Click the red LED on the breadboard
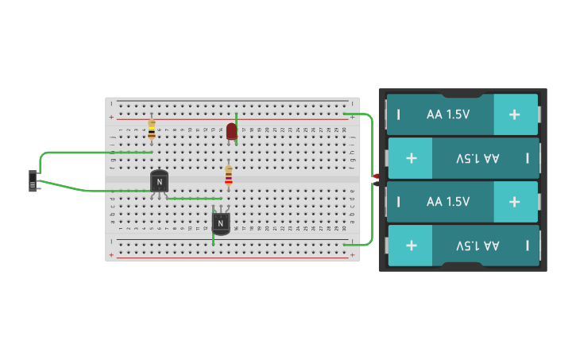click(x=231, y=131)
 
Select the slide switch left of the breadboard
click(x=33, y=181)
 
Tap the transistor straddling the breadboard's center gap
click(x=159, y=182)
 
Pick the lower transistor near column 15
click(x=221, y=223)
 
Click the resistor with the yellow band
click(x=152, y=129)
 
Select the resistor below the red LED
click(x=229, y=175)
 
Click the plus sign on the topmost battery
click(x=514, y=114)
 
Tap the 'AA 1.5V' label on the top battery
click(x=448, y=114)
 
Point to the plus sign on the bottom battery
click(x=412, y=245)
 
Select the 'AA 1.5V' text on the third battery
click(x=448, y=202)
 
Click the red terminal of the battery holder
click(x=374, y=176)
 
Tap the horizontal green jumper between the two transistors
click(x=195, y=199)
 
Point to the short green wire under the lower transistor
click(x=213, y=238)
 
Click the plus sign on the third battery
click(x=514, y=202)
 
